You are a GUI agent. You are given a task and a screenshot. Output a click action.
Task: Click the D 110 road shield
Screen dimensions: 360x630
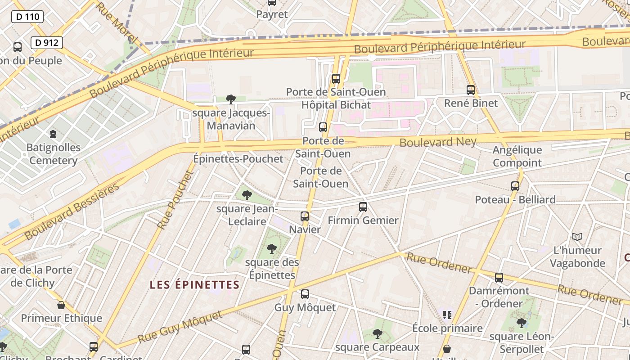[27, 17]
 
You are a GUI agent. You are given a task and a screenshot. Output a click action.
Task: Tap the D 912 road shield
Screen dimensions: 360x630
[46, 43]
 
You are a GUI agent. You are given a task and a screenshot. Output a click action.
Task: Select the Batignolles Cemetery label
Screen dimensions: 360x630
[53, 154]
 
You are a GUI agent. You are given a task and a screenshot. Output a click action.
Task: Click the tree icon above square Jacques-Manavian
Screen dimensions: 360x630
[231, 99]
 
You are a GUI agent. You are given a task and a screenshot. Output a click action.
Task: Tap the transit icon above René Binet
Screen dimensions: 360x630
[471, 90]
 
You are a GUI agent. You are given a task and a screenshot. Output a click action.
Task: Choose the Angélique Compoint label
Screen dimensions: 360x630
[517, 156]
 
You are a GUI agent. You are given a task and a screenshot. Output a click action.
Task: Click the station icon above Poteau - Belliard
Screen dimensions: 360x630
[515, 186]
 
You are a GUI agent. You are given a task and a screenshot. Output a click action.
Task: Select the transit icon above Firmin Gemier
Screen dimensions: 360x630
[363, 207]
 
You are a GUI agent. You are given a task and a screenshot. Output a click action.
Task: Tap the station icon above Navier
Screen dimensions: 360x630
[305, 216]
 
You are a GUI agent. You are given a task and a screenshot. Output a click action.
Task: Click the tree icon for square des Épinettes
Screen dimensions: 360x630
[272, 249]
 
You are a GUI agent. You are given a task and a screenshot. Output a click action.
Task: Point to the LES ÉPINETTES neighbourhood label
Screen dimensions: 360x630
[194, 285]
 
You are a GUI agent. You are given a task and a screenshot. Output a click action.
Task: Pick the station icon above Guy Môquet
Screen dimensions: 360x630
[305, 294]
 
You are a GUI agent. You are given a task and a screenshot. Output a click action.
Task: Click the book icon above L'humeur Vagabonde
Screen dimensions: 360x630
[577, 237]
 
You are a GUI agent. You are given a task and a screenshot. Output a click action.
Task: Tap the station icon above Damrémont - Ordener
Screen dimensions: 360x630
[499, 278]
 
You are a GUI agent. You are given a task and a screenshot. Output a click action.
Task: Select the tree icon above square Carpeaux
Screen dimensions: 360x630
[378, 334]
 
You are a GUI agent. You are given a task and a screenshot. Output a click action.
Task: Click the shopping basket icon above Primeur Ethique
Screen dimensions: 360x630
[61, 305]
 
